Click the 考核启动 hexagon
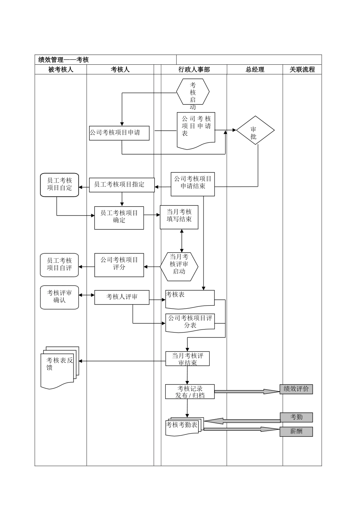pyautogui.click(x=193, y=92)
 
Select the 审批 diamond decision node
pyautogui.click(x=255, y=131)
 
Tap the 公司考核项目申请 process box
pyautogui.click(x=119, y=133)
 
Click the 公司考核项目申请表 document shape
pyautogui.click(x=196, y=129)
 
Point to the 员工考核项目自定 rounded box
pyautogui.click(x=59, y=185)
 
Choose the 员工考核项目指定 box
pyautogui.click(x=122, y=184)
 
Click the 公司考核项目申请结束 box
pyautogui.click(x=193, y=183)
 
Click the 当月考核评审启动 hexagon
pyautogui.click(x=179, y=266)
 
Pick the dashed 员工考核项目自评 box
pyautogui.click(x=59, y=265)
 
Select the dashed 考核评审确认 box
pyautogui.click(x=59, y=297)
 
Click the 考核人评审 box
pyautogui.click(x=122, y=297)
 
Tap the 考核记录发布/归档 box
pyautogui.click(x=190, y=392)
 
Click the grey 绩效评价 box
pyautogui.click(x=296, y=389)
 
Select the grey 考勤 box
pyautogui.click(x=296, y=417)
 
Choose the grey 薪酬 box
pyautogui.click(x=296, y=431)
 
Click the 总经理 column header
pyautogui.click(x=255, y=69)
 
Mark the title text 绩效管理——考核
pyautogui.click(x=64, y=59)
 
